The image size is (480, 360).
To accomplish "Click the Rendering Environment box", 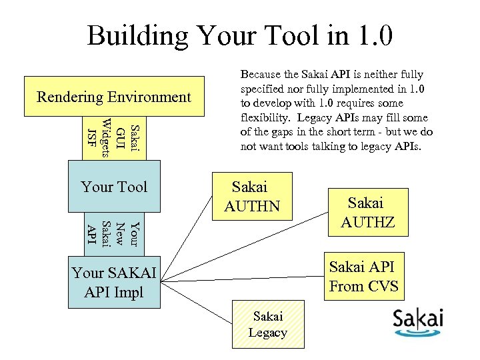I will tap(113, 97).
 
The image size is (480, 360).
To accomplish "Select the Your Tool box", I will tap(113, 187).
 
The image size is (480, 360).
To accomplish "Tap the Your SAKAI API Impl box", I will tap(114, 283).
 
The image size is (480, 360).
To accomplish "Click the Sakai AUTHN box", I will tap(252, 196).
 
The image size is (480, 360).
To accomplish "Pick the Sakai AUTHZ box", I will tap(367, 211).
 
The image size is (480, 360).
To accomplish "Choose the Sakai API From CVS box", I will tap(363, 276).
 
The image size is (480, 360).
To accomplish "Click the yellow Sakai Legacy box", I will tap(267, 324).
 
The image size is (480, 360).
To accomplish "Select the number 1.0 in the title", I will tap(369, 36).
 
